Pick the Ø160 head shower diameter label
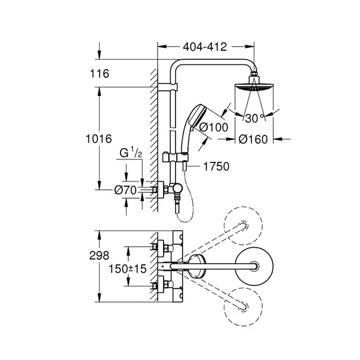[253, 140]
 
